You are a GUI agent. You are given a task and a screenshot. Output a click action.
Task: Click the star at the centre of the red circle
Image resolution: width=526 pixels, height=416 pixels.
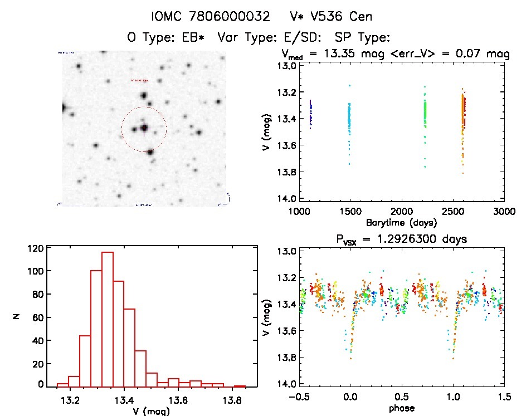pyautogui.click(x=144, y=129)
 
